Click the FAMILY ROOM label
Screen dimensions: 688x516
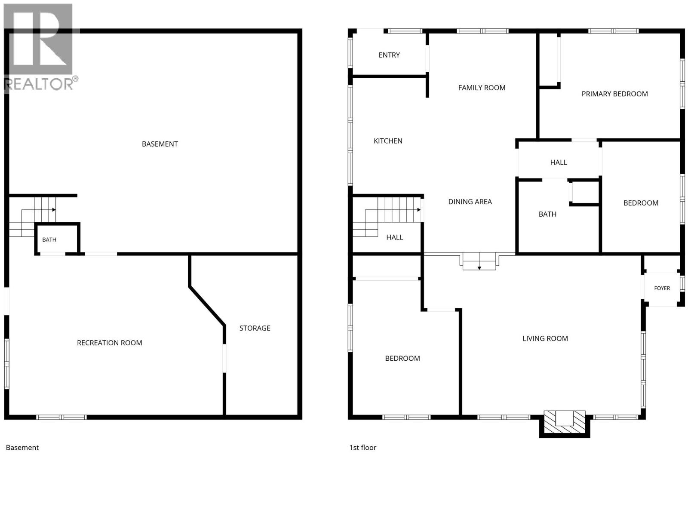pyautogui.click(x=482, y=88)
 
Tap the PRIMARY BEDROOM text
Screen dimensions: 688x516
pyautogui.click(x=614, y=94)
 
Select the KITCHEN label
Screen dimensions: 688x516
pyautogui.click(x=388, y=141)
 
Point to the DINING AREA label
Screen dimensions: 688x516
pyautogui.click(x=470, y=202)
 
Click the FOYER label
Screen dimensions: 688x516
pyautogui.click(x=662, y=288)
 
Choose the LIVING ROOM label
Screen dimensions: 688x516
pyautogui.click(x=545, y=338)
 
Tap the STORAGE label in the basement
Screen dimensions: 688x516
pyautogui.click(x=255, y=328)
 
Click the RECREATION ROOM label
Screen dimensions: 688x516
pyautogui.click(x=109, y=343)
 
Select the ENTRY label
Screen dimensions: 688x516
pyautogui.click(x=389, y=55)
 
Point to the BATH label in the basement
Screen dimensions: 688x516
pyautogui.click(x=49, y=240)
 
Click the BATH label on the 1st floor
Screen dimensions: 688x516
pyautogui.click(x=547, y=214)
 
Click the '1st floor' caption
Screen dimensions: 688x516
pyautogui.click(x=362, y=447)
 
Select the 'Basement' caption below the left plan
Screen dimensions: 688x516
pyautogui.click(x=22, y=447)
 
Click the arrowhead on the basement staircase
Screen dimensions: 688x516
pyautogui.click(x=54, y=209)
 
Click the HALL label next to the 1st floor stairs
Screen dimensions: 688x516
pyautogui.click(x=395, y=237)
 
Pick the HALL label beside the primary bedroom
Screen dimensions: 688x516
pyautogui.click(x=558, y=163)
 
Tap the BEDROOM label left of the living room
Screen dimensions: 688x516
pyautogui.click(x=402, y=359)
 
